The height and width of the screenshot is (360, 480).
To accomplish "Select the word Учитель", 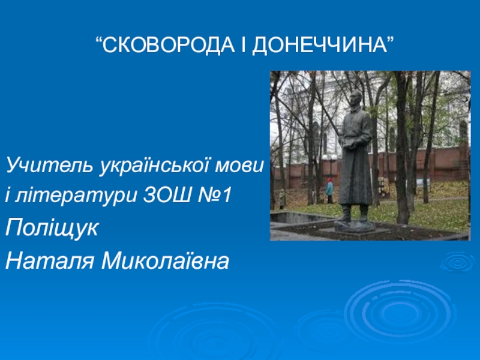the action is (49, 164).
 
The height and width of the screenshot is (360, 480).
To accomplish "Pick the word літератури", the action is (70, 196).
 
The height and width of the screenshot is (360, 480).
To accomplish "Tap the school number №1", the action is (214, 195).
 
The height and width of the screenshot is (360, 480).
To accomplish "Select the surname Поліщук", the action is (52, 229).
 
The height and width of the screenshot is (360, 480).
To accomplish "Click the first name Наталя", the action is (50, 261).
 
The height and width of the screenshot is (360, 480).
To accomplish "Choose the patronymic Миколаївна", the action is (166, 260).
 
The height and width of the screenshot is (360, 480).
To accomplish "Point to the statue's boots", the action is (355, 214).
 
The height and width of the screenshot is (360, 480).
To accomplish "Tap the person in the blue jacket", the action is (329, 190).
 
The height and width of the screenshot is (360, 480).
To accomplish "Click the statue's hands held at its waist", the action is (346, 143).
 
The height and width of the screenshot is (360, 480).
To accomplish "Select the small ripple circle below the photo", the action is (458, 262).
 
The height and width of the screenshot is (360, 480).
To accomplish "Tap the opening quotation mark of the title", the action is (98, 40).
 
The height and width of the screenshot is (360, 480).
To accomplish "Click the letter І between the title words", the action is (244, 45).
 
